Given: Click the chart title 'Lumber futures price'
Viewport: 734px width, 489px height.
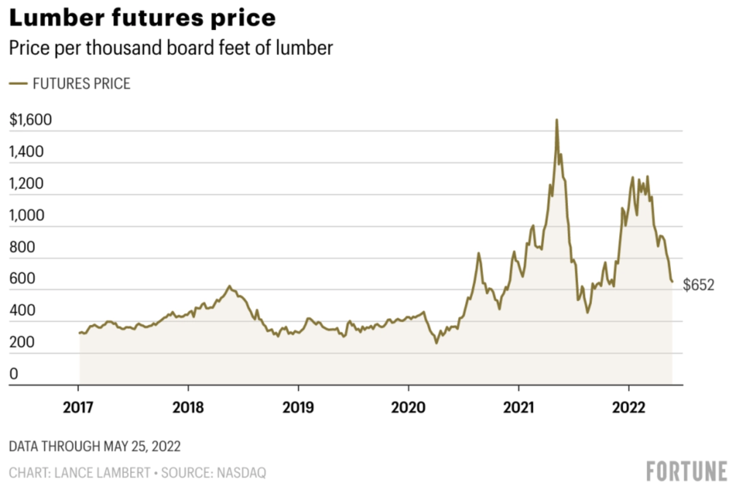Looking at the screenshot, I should pos(142,18).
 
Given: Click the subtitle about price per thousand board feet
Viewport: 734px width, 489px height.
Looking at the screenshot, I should pos(171,48).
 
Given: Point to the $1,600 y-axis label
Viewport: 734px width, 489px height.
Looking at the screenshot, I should pos(30,120).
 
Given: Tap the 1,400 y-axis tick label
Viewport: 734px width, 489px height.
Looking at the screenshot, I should pos(26,152).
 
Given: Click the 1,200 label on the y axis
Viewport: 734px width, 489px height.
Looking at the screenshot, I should pos(26,183).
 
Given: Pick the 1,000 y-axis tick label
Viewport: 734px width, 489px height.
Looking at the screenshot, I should pos(27,215).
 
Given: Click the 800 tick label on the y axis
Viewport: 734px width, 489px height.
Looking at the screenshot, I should pos(22,247).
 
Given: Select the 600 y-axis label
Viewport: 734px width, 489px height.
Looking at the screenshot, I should pos(22,279).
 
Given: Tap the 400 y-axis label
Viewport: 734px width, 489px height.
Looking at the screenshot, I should pos(22,310).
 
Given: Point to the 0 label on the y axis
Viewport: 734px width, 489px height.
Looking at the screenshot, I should pos(14,374).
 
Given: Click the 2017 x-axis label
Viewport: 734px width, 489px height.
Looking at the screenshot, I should pos(78,407).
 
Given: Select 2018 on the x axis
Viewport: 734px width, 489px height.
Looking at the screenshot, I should pos(188,407).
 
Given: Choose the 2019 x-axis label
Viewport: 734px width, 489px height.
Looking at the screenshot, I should pos(298,407).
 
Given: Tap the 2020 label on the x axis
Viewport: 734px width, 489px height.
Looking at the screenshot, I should pos(408,407).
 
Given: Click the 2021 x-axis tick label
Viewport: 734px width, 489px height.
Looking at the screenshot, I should pos(518,407).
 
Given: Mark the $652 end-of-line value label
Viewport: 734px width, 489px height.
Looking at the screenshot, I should pos(698,285).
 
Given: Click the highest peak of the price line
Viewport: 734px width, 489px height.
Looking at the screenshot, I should pos(557,120).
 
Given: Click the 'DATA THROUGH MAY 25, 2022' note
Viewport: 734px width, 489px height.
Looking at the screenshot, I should pos(95,446).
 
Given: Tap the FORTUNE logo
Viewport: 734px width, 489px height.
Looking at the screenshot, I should pos(686,472).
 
